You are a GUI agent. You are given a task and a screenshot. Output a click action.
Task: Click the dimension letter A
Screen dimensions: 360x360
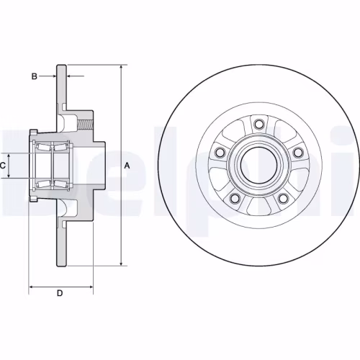click(x=128, y=166)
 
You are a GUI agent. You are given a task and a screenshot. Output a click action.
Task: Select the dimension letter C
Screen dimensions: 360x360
click(x=4, y=166)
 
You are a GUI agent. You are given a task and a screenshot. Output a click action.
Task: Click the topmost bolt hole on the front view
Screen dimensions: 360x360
click(x=256, y=124)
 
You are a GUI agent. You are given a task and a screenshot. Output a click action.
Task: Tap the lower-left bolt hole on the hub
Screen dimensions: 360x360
click(x=233, y=197)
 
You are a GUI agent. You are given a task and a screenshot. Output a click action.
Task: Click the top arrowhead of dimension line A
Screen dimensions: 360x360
click(x=121, y=67)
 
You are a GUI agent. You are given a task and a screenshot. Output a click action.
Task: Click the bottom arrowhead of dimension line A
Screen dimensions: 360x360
click(x=121, y=264)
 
